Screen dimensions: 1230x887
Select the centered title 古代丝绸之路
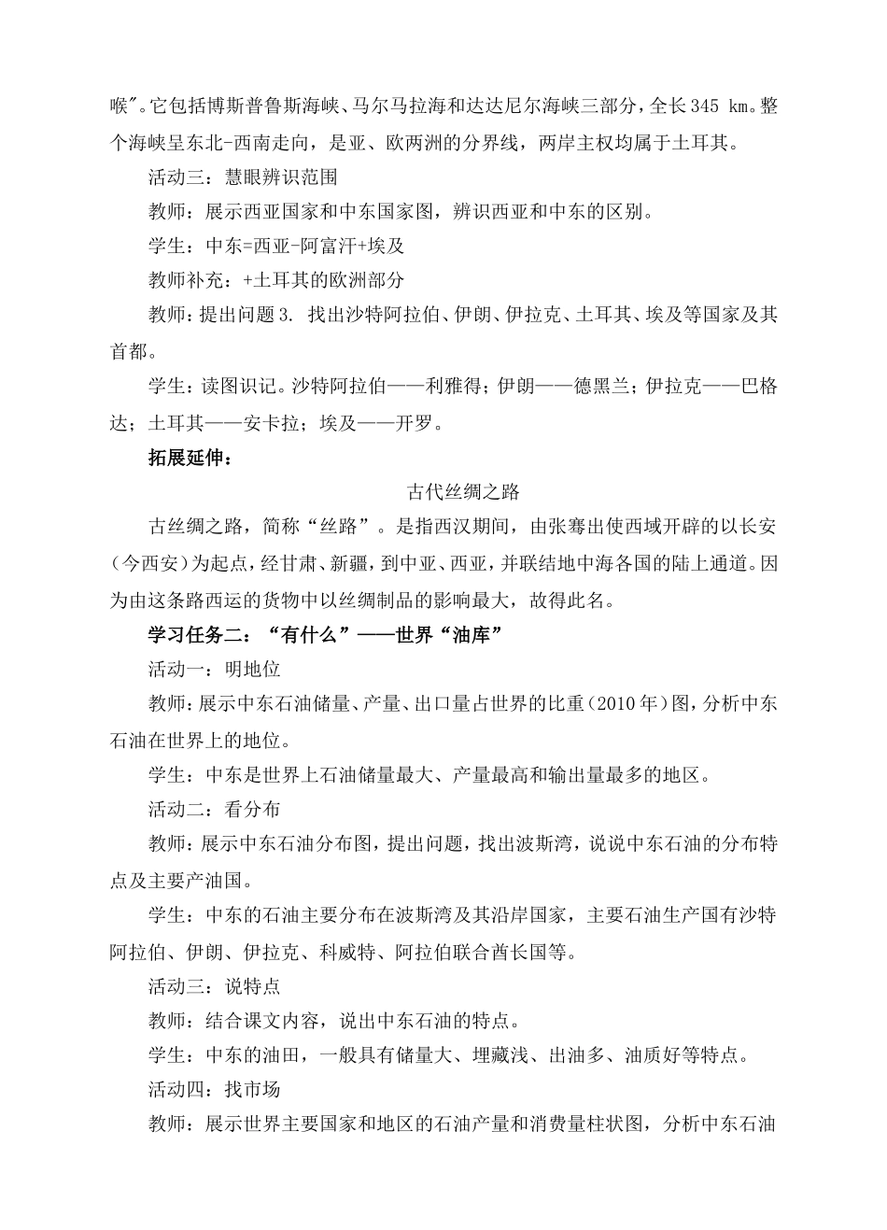(x=463, y=491)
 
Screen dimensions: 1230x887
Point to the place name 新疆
(x=388, y=563)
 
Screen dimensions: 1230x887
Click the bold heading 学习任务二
(x=197, y=634)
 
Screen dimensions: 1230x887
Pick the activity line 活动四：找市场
(x=214, y=1089)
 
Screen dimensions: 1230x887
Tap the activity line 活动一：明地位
(x=214, y=669)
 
